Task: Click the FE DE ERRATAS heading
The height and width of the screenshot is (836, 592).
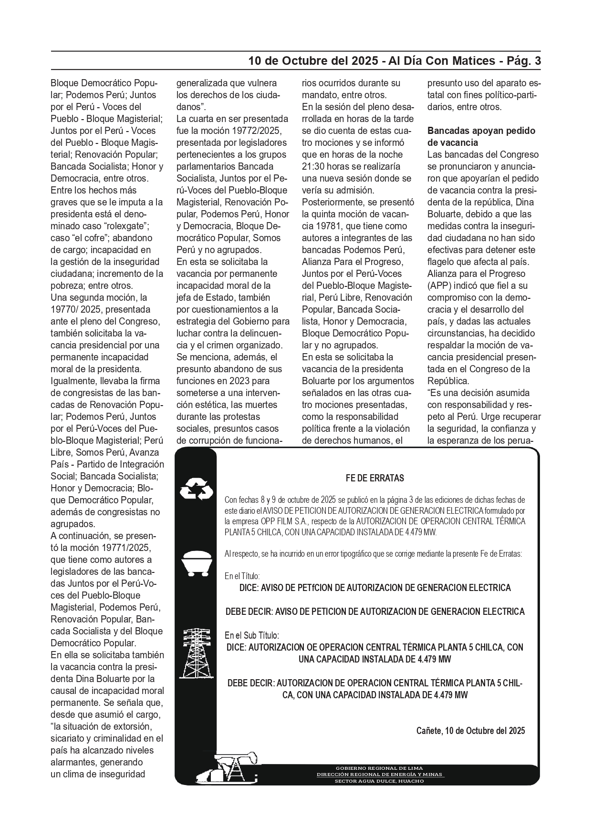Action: point(375,478)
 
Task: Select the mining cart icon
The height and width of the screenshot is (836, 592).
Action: point(196,564)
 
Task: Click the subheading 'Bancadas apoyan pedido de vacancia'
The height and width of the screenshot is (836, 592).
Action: point(481,137)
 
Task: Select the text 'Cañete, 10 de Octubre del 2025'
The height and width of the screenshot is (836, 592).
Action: point(470,731)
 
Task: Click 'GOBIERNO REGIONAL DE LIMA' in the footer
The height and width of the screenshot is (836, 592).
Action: point(380,768)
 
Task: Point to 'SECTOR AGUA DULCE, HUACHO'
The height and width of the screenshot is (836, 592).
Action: point(380,781)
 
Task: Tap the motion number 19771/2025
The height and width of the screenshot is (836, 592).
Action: point(128,548)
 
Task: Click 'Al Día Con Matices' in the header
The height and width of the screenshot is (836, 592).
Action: point(442,61)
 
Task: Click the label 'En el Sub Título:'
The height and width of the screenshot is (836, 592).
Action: point(252,635)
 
